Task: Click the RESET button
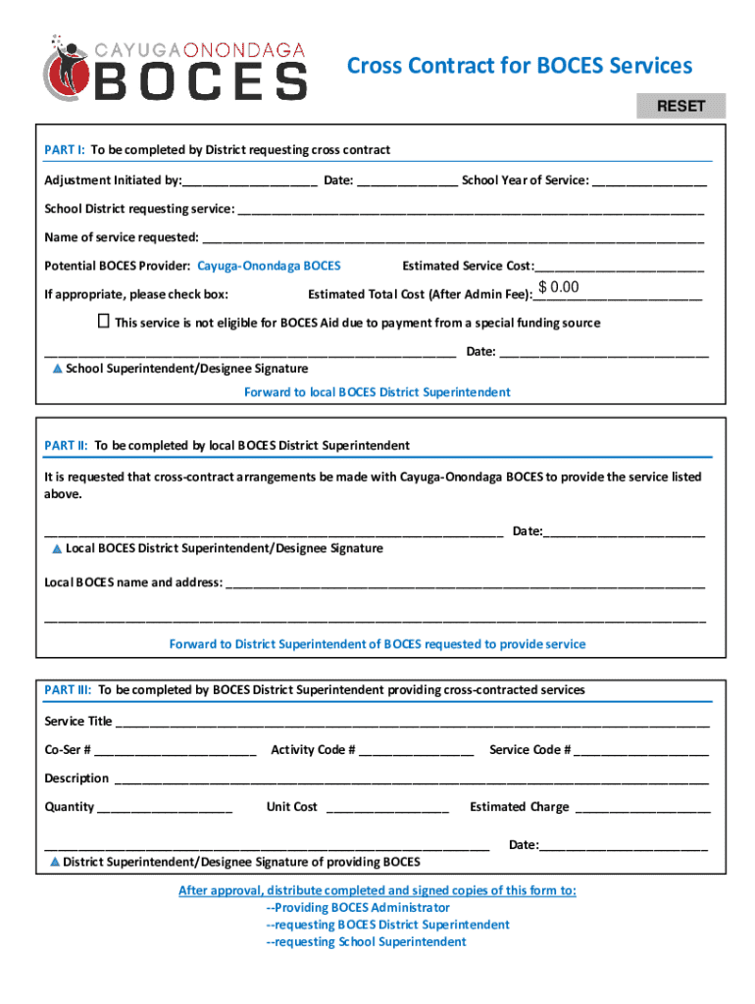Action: pyautogui.click(x=680, y=106)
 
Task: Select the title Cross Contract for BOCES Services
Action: pyautogui.click(x=520, y=66)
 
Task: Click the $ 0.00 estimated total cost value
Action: pyautogui.click(x=559, y=287)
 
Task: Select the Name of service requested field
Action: pyautogui.click(x=452, y=237)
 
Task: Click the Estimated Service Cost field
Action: pyautogui.click(x=619, y=266)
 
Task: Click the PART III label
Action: pyautogui.click(x=69, y=690)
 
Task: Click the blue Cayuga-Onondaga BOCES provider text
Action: pyautogui.click(x=269, y=266)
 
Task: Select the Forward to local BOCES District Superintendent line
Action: pyautogui.click(x=377, y=392)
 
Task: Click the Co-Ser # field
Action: pyautogui.click(x=176, y=750)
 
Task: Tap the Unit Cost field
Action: pyautogui.click(x=386, y=807)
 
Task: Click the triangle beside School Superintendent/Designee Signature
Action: pyautogui.click(x=57, y=369)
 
